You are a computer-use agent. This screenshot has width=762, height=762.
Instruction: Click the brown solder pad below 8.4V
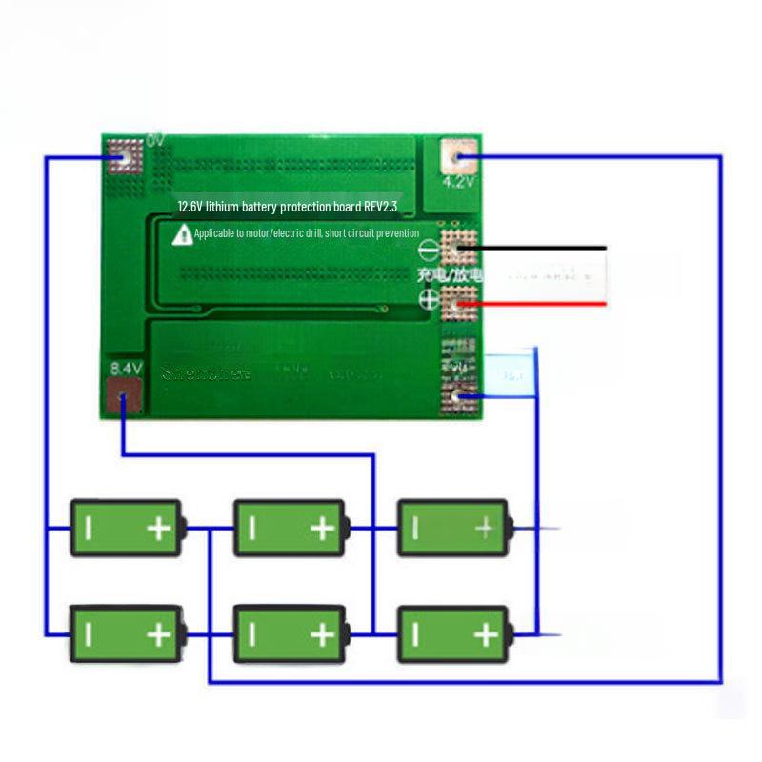[125, 396]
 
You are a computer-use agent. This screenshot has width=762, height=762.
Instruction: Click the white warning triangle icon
[182, 234]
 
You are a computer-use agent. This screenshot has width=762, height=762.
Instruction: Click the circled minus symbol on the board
[431, 251]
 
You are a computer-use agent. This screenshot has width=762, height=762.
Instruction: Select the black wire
[543, 249]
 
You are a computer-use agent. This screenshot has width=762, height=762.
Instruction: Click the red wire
[543, 304]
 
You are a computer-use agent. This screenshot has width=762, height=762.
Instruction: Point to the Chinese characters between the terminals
[450, 275]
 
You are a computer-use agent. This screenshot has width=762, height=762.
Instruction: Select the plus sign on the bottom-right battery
[486, 632]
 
